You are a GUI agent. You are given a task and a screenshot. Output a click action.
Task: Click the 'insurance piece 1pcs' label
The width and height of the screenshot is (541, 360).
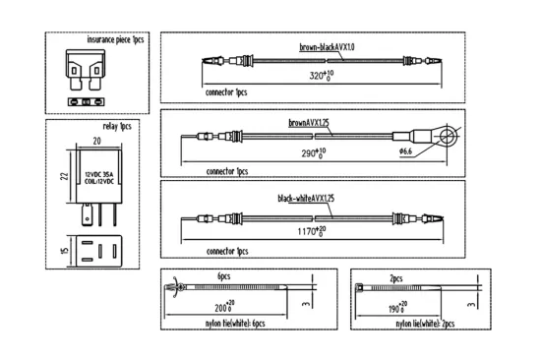click(115, 39)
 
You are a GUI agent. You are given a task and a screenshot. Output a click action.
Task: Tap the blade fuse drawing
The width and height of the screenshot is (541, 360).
click(86, 70)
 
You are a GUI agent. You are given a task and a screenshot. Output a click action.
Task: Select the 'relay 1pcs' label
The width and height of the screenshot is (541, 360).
click(117, 126)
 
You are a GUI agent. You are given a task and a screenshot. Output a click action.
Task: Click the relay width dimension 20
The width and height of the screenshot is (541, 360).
click(97, 141)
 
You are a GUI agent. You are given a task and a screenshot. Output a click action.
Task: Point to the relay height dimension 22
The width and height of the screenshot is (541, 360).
click(65, 176)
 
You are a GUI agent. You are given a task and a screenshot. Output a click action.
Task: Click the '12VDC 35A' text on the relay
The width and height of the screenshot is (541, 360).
click(99, 175)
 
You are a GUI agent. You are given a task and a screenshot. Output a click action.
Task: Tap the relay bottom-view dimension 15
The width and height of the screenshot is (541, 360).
click(65, 251)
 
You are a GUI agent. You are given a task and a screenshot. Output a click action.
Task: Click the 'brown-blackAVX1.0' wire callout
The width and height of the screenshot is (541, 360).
click(327, 47)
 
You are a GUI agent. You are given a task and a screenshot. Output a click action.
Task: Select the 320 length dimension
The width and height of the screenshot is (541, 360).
click(322, 76)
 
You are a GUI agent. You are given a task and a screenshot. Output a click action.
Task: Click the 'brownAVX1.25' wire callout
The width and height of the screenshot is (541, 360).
click(309, 123)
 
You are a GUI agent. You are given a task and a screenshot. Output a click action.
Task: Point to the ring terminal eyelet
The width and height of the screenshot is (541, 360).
click(449, 137)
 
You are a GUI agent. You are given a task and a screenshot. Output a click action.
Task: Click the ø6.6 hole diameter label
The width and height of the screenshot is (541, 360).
click(406, 151)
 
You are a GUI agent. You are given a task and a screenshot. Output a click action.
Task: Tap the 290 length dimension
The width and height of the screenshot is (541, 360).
click(314, 153)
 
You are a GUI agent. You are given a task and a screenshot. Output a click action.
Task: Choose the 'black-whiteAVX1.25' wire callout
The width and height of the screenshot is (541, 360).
click(306, 199)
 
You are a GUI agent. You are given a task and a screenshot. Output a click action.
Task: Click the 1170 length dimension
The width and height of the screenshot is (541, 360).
click(312, 231)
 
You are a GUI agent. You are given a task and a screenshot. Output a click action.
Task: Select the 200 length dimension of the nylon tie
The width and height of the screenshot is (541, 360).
click(224, 306)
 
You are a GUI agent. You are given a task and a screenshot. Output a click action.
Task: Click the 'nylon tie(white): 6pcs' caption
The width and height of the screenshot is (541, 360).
click(235, 324)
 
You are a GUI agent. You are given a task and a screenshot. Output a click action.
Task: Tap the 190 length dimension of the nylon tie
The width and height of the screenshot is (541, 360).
click(397, 308)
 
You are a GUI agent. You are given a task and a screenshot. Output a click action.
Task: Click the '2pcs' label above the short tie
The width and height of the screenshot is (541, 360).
click(396, 278)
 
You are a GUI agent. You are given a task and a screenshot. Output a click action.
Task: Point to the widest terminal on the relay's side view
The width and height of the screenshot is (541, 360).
click(87, 214)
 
